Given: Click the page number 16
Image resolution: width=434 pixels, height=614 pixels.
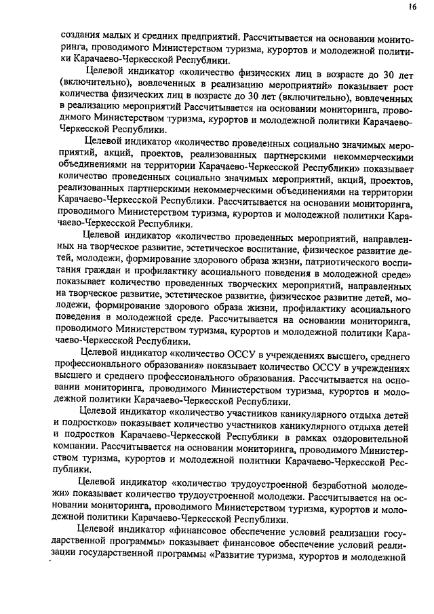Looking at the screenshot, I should (x=412, y=7).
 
